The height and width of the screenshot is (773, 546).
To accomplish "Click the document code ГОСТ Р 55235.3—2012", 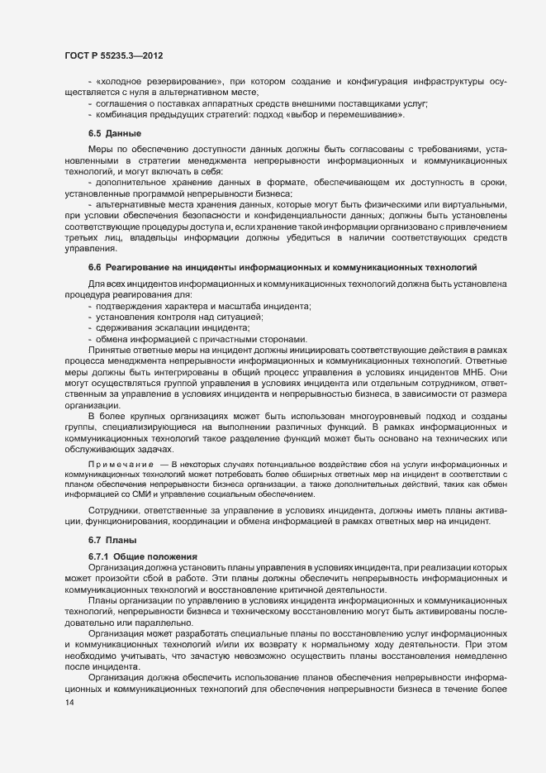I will click(112, 55).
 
